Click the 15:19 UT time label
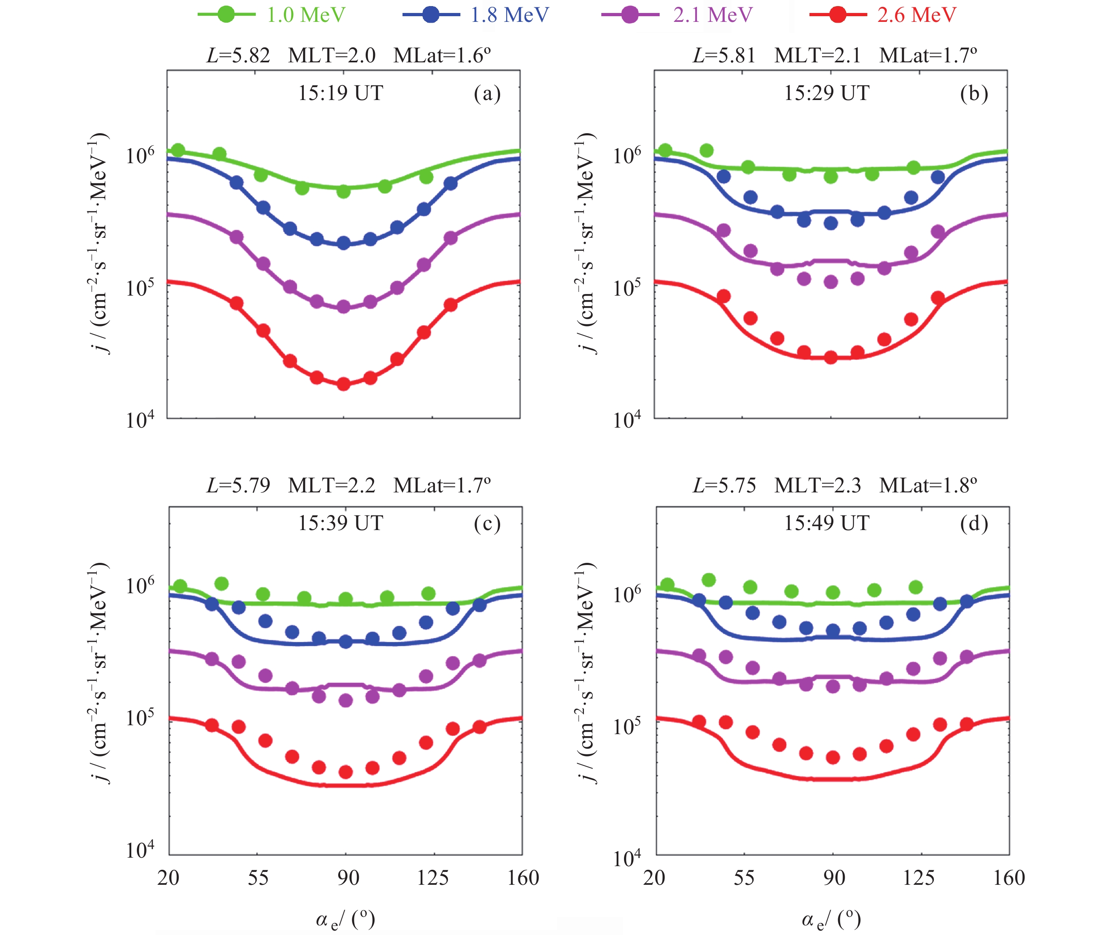pos(340,93)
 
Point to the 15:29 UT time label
pos(826,93)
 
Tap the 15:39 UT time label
pos(340,523)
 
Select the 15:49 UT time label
pos(826,523)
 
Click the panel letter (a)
pos(487,94)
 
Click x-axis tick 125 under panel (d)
pos(919,877)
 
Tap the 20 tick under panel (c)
pos(168,877)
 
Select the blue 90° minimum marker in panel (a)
pos(344,243)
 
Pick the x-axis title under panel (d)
pos(831,920)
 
